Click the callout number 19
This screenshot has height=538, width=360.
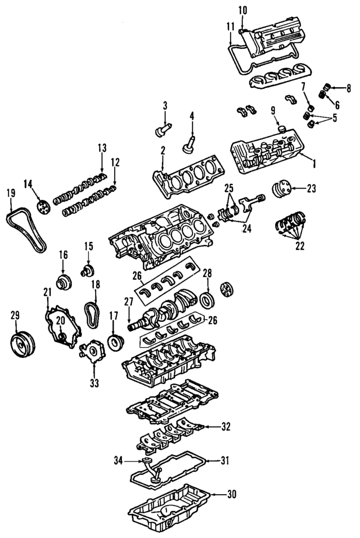click(x=11, y=192)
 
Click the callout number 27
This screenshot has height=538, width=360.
click(x=128, y=302)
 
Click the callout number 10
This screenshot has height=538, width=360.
click(x=242, y=10)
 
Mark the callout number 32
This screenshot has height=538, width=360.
click(x=226, y=427)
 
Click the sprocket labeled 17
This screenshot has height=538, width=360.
click(x=116, y=341)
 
